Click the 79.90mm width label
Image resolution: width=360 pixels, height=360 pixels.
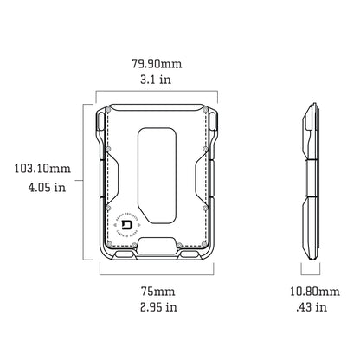(157, 62)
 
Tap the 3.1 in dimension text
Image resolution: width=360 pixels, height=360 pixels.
(157, 80)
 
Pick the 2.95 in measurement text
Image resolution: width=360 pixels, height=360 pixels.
(157, 306)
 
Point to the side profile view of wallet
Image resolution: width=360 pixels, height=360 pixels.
(310, 181)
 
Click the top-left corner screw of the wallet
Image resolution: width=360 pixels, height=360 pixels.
(108, 120)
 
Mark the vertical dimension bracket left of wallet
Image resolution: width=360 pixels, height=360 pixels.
(86, 181)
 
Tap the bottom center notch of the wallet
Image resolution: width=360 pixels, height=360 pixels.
(157, 247)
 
